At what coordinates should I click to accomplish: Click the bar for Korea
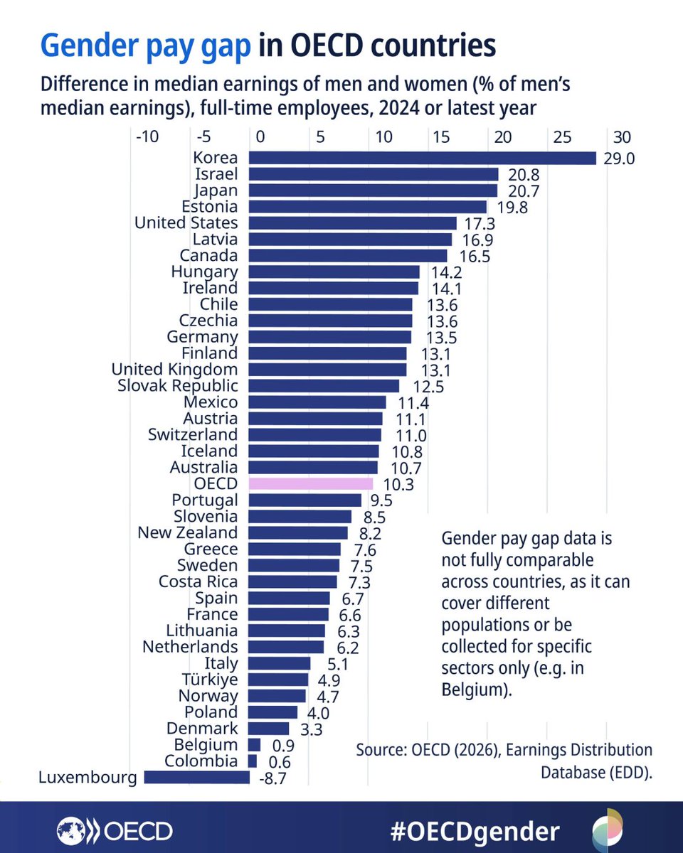422,158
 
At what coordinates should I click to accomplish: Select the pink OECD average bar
311,484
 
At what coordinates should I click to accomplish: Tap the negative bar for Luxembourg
196,778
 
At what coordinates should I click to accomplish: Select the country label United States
186,223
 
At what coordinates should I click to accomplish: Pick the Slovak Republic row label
178,386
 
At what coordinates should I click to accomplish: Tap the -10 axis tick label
147,136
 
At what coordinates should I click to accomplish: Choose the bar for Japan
373,191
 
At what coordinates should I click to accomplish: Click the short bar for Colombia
253,761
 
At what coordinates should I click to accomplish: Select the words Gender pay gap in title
145,45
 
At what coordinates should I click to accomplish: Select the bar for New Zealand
298,533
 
